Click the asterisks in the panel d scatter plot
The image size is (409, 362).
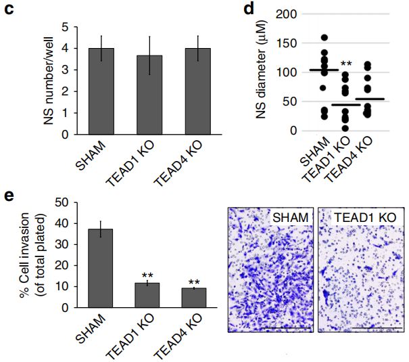click(346, 64)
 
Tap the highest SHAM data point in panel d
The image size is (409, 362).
click(324, 38)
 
